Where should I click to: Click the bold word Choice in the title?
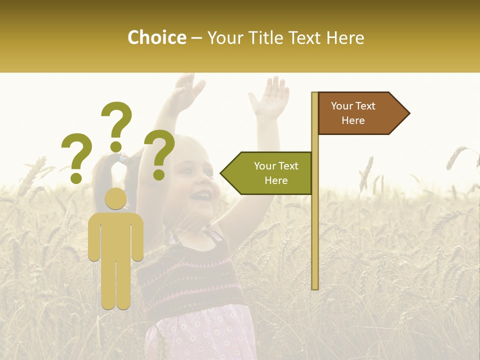point(156,37)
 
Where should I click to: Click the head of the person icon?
point(115,198)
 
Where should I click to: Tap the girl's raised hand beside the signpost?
point(270,98)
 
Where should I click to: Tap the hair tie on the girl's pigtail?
point(122,159)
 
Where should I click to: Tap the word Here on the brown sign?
point(353,120)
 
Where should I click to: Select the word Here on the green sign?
point(276,180)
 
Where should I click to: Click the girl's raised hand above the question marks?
point(187,92)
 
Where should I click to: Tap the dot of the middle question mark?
point(116,146)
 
